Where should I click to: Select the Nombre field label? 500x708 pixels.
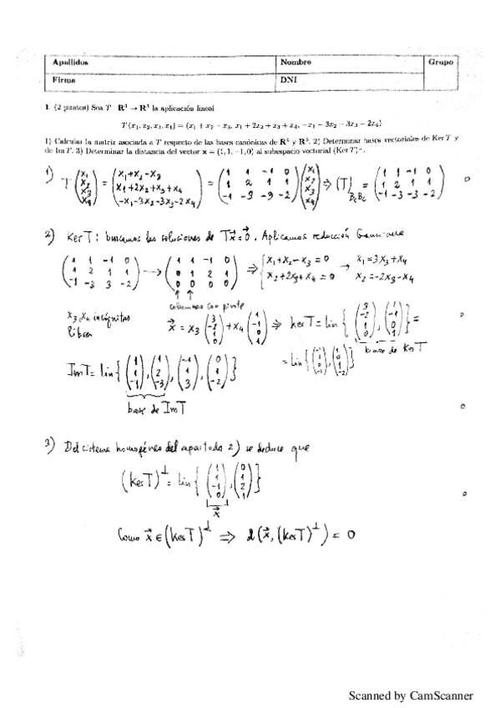click(x=296, y=63)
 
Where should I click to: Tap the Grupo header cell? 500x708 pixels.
click(x=440, y=63)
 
